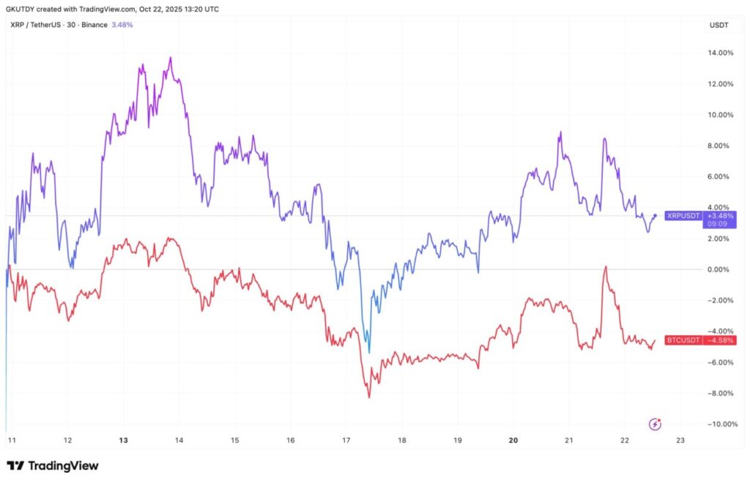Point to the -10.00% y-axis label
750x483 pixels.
click(721, 424)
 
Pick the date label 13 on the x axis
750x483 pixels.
click(123, 440)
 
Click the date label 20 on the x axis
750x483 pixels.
click(513, 440)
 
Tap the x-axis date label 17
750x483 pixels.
click(346, 440)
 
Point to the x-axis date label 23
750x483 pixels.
click(680, 440)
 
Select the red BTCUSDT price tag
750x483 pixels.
click(683, 340)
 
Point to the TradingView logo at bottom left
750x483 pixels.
click(53, 465)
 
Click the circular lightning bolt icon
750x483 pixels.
click(656, 424)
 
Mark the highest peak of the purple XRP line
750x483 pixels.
click(171, 57)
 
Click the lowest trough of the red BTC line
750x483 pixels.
click(368, 397)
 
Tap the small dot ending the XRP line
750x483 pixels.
click(654, 215)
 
